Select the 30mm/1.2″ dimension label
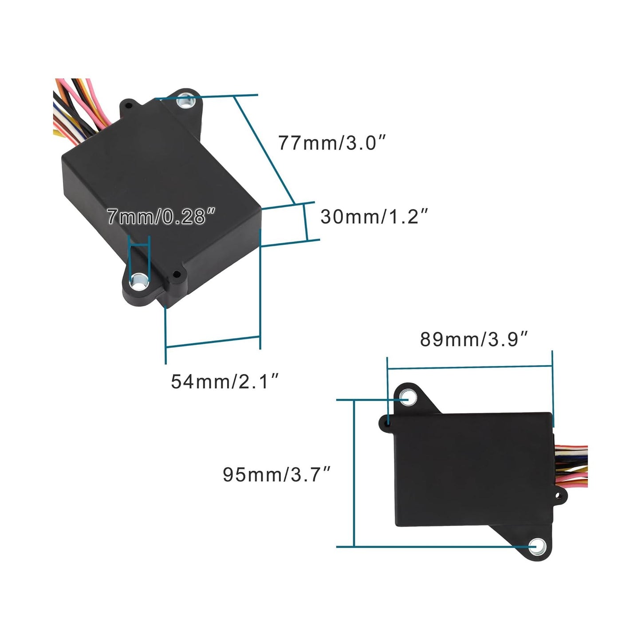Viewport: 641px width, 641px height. tap(374, 216)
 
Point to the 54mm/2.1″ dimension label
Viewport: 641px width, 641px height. tap(225, 381)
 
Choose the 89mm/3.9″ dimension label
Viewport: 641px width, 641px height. tap(474, 339)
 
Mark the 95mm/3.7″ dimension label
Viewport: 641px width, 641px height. tap(277, 474)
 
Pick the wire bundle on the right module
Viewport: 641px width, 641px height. tap(572, 466)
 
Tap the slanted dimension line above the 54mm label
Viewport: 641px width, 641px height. tap(212, 342)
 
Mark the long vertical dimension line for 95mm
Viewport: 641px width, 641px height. tap(354, 473)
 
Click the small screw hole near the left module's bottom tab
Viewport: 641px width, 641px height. tap(176, 274)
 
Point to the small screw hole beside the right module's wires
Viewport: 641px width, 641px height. tap(560, 495)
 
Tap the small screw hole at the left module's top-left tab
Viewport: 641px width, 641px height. tap(129, 106)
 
